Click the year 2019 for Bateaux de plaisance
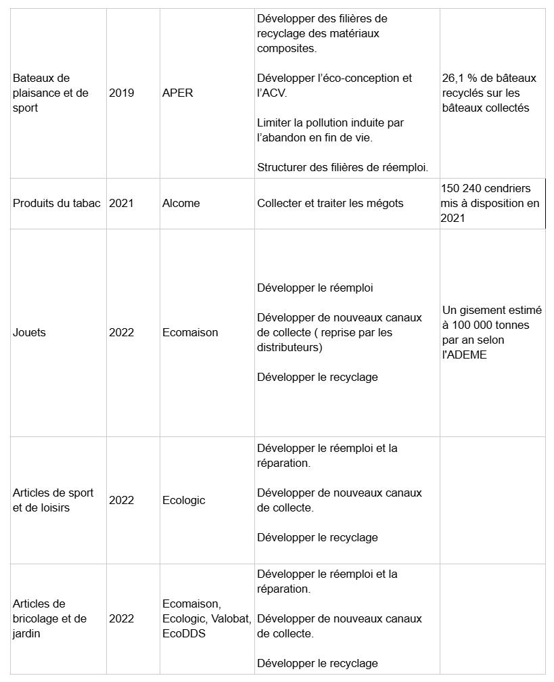tap(122, 93)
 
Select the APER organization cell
tap(177, 93)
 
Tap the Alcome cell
tap(181, 204)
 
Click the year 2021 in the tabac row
tap(122, 204)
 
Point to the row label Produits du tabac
tap(57, 204)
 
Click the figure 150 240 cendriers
tap(485, 189)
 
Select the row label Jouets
tap(30, 333)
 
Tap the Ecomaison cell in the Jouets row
tap(190, 333)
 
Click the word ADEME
tap(469, 355)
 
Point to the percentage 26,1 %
tap(461, 78)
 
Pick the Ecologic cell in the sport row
tap(183, 501)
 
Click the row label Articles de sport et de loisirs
tap(53, 501)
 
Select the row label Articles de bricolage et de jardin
tap(50, 619)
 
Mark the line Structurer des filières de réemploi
tap(343, 167)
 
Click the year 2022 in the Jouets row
tap(122, 333)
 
